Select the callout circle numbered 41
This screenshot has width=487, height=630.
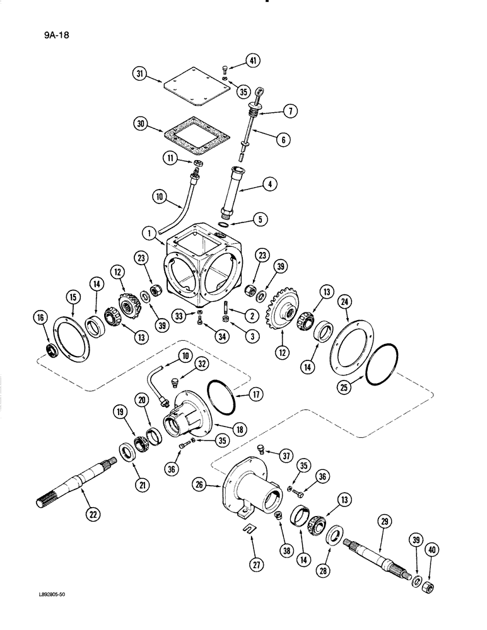click(x=252, y=61)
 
